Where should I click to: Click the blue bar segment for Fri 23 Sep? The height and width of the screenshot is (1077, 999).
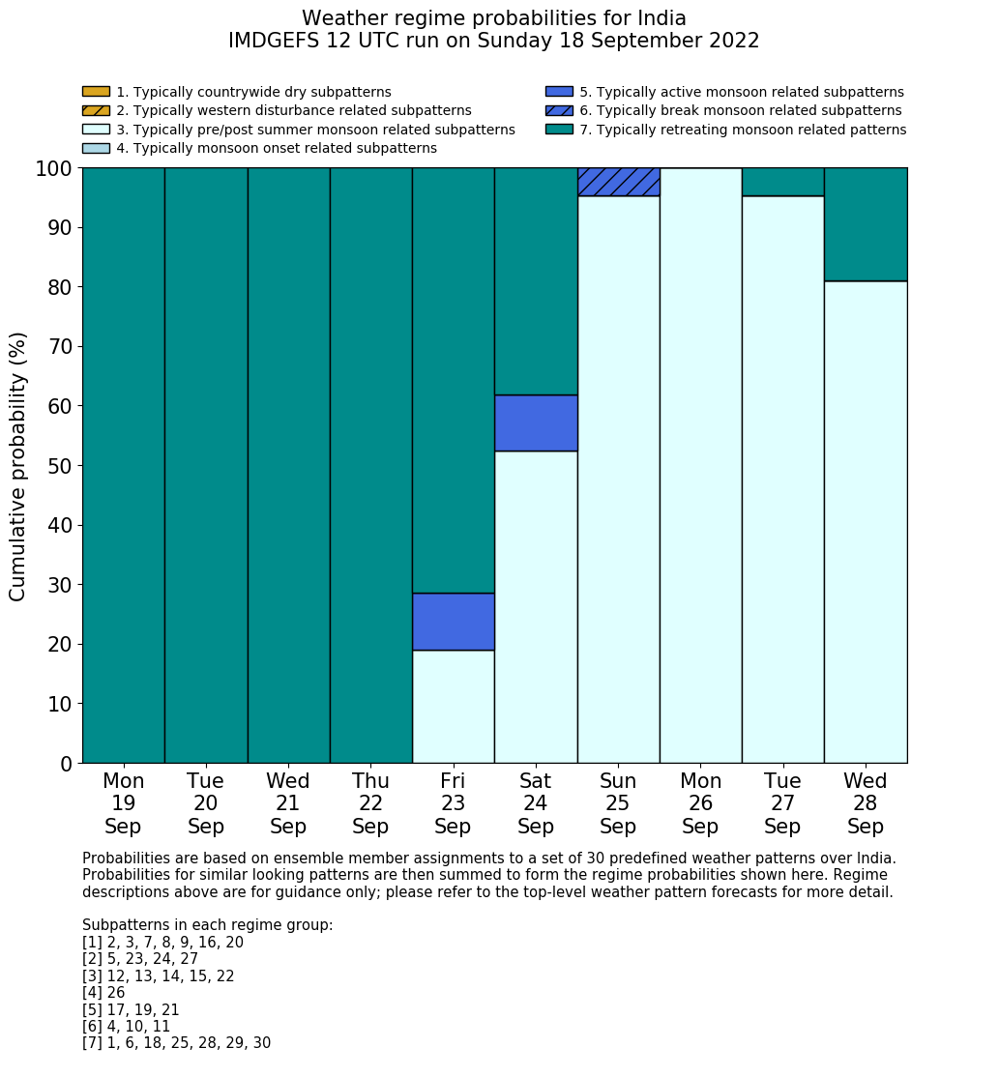click(x=453, y=622)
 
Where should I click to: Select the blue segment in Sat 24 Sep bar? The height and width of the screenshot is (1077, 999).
click(x=536, y=422)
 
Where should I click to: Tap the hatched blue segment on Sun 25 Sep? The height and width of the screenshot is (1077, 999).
click(x=618, y=182)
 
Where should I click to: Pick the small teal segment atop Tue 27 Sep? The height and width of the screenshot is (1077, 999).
click(x=782, y=182)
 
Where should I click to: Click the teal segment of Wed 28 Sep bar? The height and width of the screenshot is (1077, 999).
click(x=866, y=224)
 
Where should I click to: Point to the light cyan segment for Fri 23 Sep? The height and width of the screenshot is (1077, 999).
click(x=453, y=707)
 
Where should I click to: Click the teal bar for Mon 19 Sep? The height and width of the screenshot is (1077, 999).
click(x=123, y=465)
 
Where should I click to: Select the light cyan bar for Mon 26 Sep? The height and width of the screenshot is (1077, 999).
click(x=700, y=465)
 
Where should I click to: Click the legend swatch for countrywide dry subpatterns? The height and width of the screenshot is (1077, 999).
click(x=96, y=92)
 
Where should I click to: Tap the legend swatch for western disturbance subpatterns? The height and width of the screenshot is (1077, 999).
click(x=96, y=110)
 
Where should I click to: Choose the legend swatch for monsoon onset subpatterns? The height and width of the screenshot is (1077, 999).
click(x=96, y=148)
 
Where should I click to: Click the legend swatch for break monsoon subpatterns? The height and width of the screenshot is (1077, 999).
click(x=559, y=110)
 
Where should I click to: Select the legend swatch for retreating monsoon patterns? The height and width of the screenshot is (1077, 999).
click(x=559, y=129)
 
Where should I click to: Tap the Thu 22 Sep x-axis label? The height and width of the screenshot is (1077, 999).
click(x=370, y=803)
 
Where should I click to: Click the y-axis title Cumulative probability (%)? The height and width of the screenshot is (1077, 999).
click(x=18, y=466)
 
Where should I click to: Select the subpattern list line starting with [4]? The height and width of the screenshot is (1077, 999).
click(x=103, y=993)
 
